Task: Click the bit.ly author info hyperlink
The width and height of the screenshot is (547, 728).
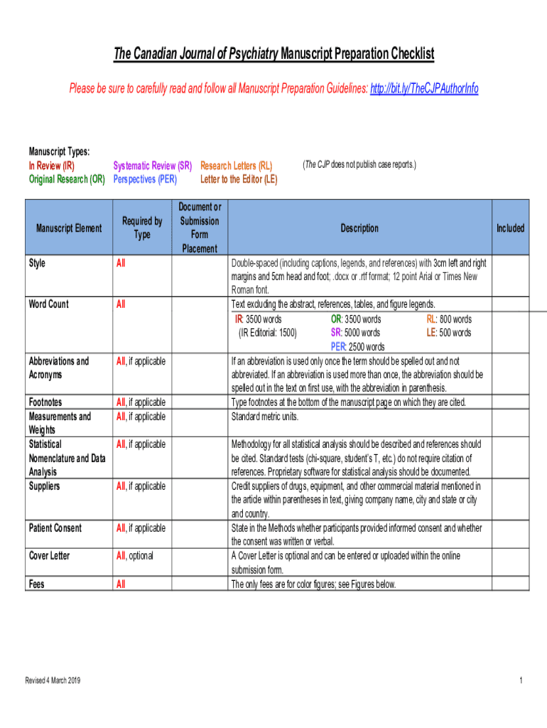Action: point(424,89)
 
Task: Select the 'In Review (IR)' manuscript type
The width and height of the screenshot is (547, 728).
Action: point(51,166)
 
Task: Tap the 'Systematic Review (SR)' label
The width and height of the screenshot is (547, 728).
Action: point(153,166)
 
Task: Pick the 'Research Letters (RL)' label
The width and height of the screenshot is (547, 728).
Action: point(236,166)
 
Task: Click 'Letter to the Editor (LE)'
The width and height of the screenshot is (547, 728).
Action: point(239,179)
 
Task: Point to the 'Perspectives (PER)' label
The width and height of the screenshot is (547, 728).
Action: point(145,179)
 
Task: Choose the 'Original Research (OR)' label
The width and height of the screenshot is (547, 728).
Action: point(67,179)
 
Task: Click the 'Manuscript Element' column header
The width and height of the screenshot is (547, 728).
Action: point(69,228)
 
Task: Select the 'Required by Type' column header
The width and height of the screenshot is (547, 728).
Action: point(142,227)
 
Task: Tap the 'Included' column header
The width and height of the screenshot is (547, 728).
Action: point(510,228)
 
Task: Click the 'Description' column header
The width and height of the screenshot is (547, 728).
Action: point(359,228)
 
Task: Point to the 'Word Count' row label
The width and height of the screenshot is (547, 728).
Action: point(48,304)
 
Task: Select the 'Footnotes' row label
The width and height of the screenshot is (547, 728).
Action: point(45,402)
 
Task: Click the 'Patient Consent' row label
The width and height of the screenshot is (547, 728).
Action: point(55,528)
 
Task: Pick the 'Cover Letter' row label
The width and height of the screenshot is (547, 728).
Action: point(49,555)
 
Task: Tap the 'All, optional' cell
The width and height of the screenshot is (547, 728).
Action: point(134,555)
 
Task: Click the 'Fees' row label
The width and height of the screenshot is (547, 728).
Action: point(36,584)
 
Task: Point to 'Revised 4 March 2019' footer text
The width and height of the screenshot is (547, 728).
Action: point(53,680)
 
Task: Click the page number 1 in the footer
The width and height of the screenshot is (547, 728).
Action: point(521,680)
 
